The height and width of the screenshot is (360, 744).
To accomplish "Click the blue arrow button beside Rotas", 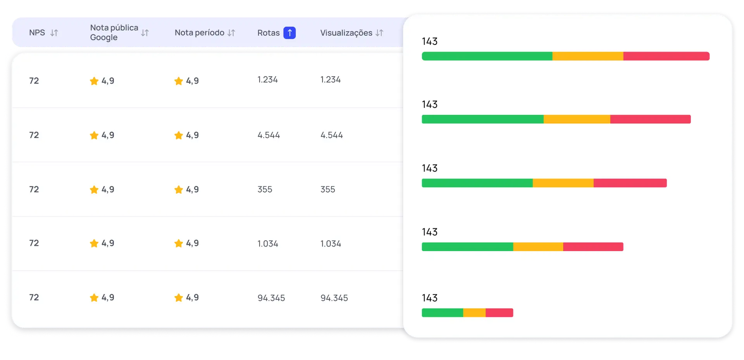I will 289,33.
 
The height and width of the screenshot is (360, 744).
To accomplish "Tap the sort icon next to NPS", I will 54,33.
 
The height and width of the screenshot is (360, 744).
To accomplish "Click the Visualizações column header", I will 346,33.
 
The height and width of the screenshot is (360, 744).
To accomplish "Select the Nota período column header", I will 200,33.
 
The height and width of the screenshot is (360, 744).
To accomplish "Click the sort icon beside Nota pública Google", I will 145,33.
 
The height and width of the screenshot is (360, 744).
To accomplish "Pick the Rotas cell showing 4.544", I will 269,135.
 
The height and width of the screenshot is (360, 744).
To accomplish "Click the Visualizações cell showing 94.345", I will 334,298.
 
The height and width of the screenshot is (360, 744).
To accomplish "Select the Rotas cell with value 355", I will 265,189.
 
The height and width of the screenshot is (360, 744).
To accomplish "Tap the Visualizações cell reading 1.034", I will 331,244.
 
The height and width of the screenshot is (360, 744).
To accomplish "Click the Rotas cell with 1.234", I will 267,80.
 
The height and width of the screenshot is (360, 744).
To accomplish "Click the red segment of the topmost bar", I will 666,56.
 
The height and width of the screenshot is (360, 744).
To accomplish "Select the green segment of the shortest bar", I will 442,313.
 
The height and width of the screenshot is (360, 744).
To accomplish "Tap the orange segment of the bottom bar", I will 474,313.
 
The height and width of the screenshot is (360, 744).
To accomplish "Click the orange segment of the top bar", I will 587,56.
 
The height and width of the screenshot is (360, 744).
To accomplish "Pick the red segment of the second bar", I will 650,119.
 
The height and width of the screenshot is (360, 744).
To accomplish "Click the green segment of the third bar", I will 477,183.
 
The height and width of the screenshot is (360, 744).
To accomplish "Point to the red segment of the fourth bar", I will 593,247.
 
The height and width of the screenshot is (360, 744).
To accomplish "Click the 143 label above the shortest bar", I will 430,298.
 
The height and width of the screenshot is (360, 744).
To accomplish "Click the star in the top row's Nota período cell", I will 179,81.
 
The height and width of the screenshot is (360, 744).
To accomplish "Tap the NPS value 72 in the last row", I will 34,298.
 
